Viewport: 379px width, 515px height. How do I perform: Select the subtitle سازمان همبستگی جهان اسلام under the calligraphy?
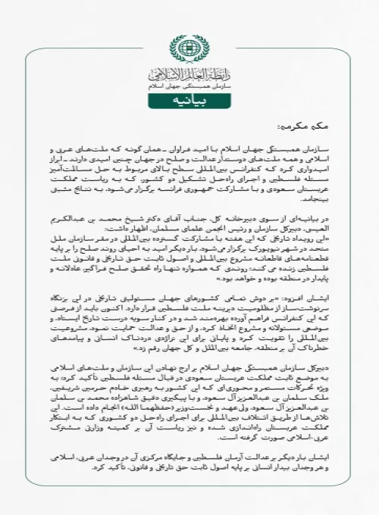tap(189, 89)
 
